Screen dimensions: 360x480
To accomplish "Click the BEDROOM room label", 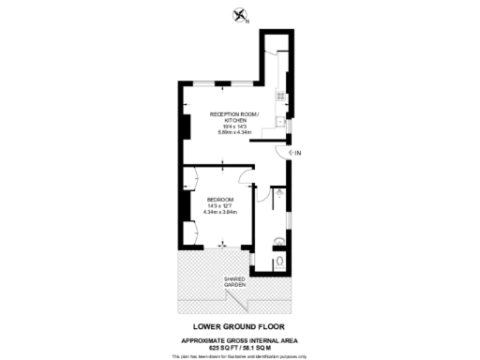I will click(220, 200).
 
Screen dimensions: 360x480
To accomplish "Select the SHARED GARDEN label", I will click(234, 281).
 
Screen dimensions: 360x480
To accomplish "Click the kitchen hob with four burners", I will click(278, 97).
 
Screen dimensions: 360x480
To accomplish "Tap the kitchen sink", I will click(280, 121).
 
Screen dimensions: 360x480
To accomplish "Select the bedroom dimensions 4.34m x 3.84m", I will click(221, 213).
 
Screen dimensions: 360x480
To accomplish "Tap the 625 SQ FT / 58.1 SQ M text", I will click(240, 347).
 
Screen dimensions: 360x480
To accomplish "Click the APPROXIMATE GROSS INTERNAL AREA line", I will click(240, 338).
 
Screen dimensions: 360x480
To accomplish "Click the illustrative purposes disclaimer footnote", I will click(240, 355).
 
